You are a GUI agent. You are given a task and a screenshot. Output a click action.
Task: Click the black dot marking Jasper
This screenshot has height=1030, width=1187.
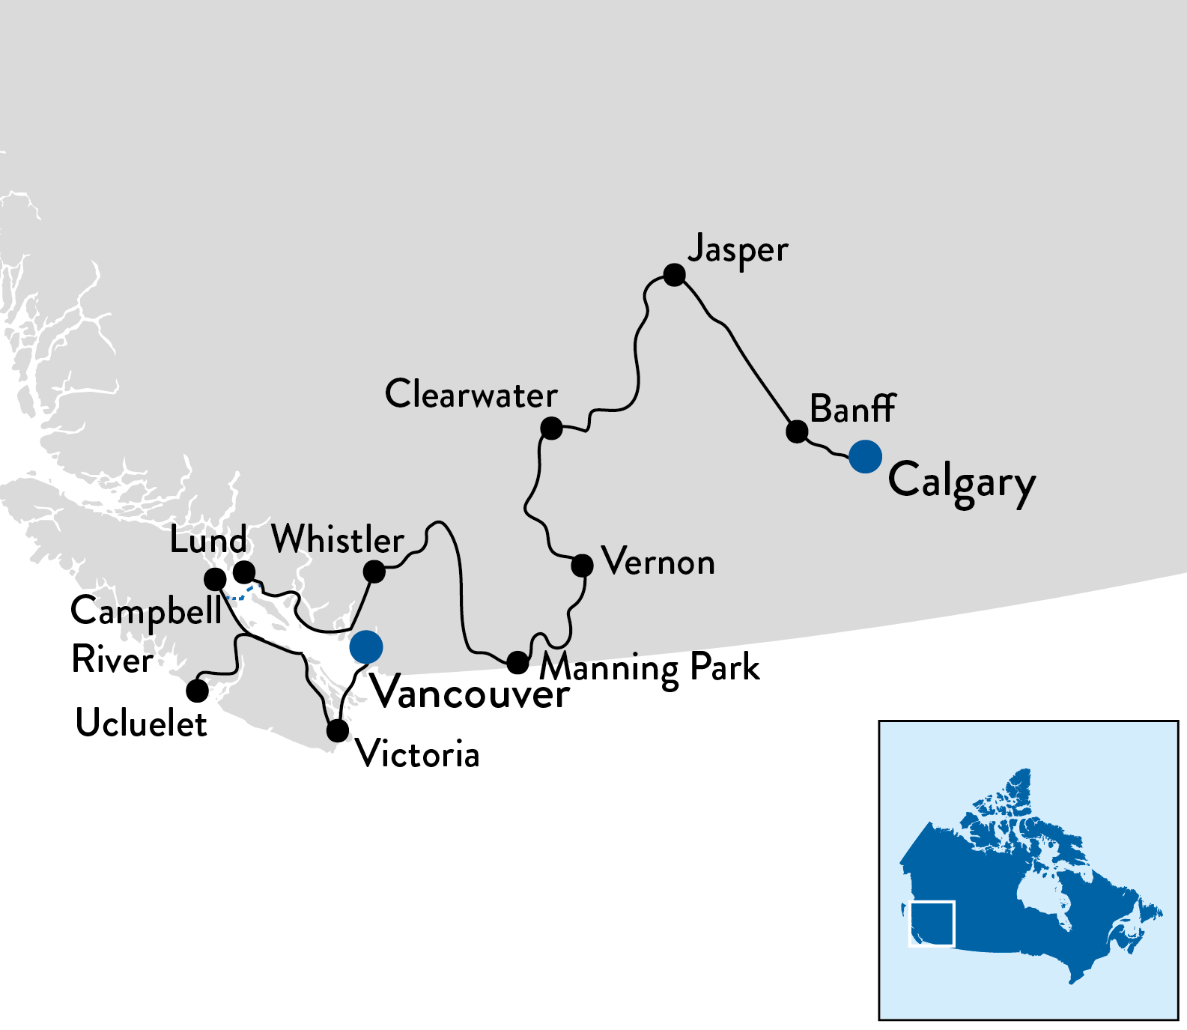[x=675, y=275]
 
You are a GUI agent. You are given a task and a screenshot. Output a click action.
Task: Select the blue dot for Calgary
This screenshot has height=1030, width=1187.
[x=865, y=456]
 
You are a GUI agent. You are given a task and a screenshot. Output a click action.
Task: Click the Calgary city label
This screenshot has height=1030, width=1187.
[x=962, y=482]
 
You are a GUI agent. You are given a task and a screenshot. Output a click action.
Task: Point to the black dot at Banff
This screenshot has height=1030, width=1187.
[x=798, y=431]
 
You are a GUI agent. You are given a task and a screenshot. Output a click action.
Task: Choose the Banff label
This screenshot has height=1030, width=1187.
[x=852, y=409]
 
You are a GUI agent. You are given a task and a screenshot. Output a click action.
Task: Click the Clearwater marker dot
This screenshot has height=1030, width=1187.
[x=551, y=428]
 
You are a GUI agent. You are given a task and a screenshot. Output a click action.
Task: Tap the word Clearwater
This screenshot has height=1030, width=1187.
[x=471, y=394]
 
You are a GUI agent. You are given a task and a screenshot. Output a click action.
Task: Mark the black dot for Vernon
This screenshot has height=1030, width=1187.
[x=582, y=565]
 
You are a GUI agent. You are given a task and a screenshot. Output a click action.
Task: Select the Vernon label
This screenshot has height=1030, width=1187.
[x=658, y=562]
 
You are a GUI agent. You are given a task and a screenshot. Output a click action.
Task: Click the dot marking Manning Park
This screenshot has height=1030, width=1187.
[x=517, y=662]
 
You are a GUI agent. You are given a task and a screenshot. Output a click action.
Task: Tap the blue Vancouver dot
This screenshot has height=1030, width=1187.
[x=366, y=646]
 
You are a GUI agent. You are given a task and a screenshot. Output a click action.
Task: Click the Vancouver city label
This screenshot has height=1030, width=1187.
[x=471, y=694]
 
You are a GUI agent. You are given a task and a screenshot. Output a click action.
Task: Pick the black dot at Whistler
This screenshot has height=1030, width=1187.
[x=374, y=572]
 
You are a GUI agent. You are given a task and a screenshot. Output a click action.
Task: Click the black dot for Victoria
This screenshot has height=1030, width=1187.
[x=338, y=730]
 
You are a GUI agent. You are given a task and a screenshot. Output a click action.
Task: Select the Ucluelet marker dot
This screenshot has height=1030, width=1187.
[x=197, y=691]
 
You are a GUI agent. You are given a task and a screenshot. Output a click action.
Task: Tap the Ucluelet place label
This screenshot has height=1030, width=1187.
[x=142, y=724]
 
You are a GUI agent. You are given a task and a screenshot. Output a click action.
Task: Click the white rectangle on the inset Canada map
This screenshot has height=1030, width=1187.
[x=932, y=924]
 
